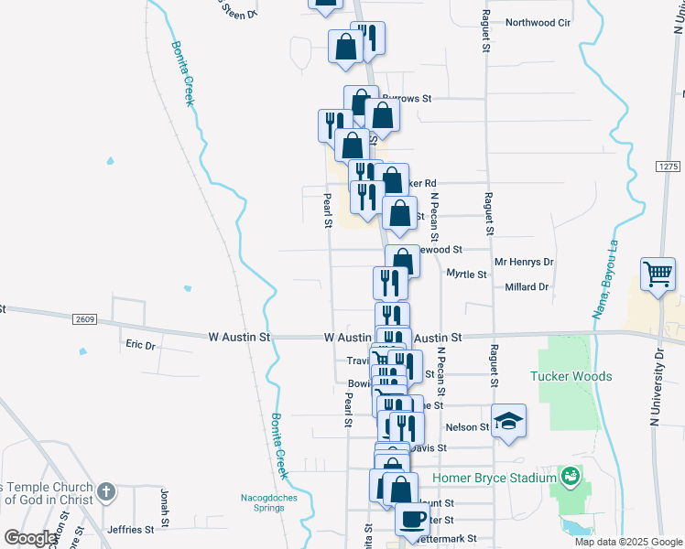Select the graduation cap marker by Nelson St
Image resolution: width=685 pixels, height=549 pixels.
pyautogui.click(x=509, y=422)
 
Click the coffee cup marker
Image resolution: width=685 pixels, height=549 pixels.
pyautogui.click(x=411, y=519)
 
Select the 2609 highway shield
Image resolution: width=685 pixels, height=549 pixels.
pyautogui.click(x=85, y=318)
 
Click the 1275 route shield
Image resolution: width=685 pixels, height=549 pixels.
pyautogui.click(x=669, y=166)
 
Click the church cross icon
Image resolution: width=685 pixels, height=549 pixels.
pyautogui.click(x=107, y=491)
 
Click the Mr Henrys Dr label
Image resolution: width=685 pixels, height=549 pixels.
pyautogui.click(x=525, y=262)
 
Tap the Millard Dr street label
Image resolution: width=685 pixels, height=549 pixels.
pyautogui.click(x=527, y=286)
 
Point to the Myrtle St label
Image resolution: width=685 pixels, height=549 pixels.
pyautogui.click(x=465, y=274)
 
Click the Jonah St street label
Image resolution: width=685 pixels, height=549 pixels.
pyautogui.click(x=166, y=503)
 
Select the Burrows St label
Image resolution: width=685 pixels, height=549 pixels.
pyautogui.click(x=407, y=97)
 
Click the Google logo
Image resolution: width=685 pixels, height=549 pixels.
pyautogui.click(x=29, y=538)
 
